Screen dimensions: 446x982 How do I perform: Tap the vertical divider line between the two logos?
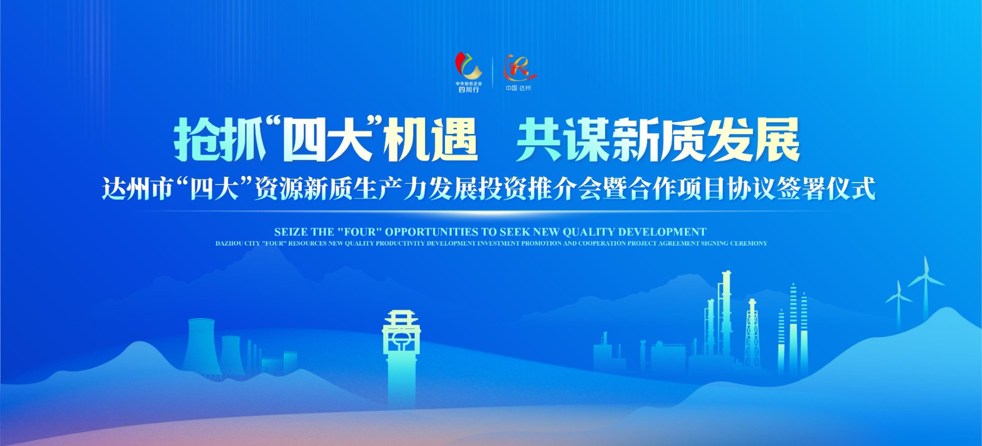(x=492, y=73)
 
